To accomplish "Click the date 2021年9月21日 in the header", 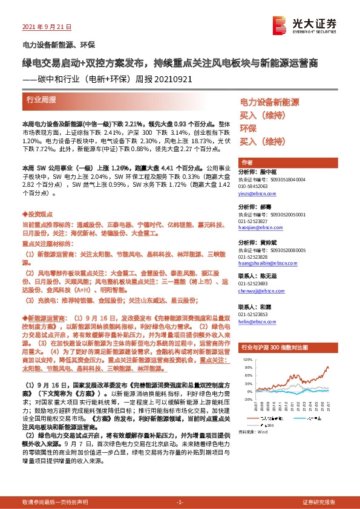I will (47, 27).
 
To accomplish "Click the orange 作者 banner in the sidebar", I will (247, 163).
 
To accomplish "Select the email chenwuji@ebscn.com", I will (259, 290).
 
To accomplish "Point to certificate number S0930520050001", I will (280, 214).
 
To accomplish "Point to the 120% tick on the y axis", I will (247, 358).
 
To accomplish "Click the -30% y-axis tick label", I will (247, 400).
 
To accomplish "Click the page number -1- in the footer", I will (180, 502).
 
